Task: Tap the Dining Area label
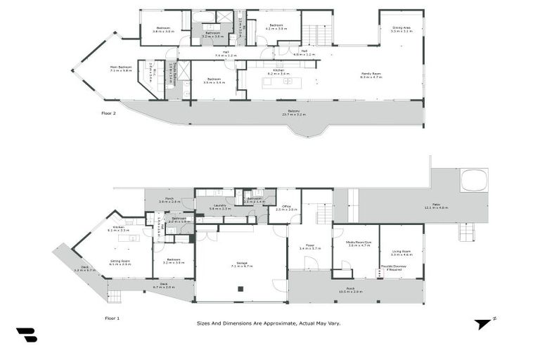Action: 401,29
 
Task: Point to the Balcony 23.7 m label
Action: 293,112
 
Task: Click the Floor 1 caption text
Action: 112,319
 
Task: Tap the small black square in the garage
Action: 240,288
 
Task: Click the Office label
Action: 286,208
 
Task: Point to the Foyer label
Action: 309,247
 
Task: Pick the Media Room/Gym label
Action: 359,243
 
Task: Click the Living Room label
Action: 401,252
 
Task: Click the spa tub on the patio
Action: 474,180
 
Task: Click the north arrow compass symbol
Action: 484,324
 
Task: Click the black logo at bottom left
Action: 27,335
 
